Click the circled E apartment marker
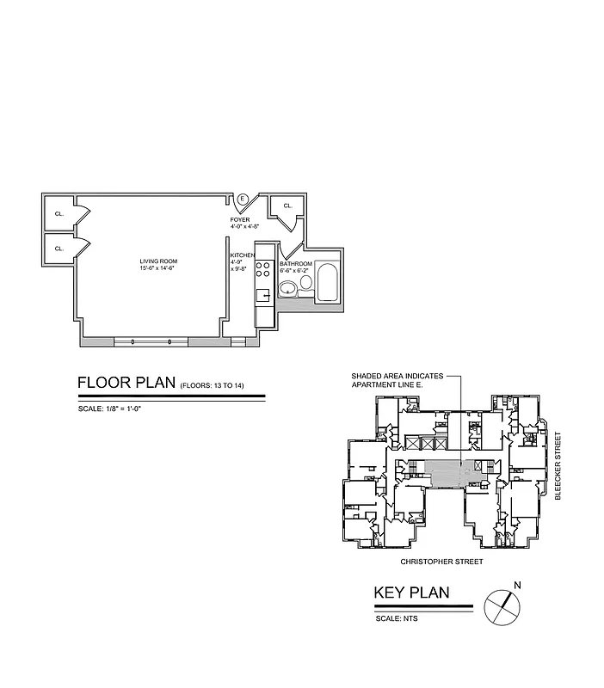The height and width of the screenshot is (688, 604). click(243, 200)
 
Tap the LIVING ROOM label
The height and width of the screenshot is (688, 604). click(157, 261)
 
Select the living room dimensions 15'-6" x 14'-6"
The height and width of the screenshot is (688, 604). click(157, 269)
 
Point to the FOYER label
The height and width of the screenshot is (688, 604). click(239, 220)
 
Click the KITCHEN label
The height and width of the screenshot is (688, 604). click(242, 255)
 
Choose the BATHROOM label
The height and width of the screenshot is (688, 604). click(295, 264)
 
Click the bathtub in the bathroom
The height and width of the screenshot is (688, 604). click(328, 282)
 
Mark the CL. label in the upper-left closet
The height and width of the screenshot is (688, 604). click(59, 213)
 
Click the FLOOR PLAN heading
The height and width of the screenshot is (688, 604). click(126, 383)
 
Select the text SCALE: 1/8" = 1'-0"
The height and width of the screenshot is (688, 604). click(108, 408)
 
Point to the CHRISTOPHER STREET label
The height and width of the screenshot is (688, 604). click(442, 562)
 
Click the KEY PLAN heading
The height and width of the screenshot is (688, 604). click(410, 593)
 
